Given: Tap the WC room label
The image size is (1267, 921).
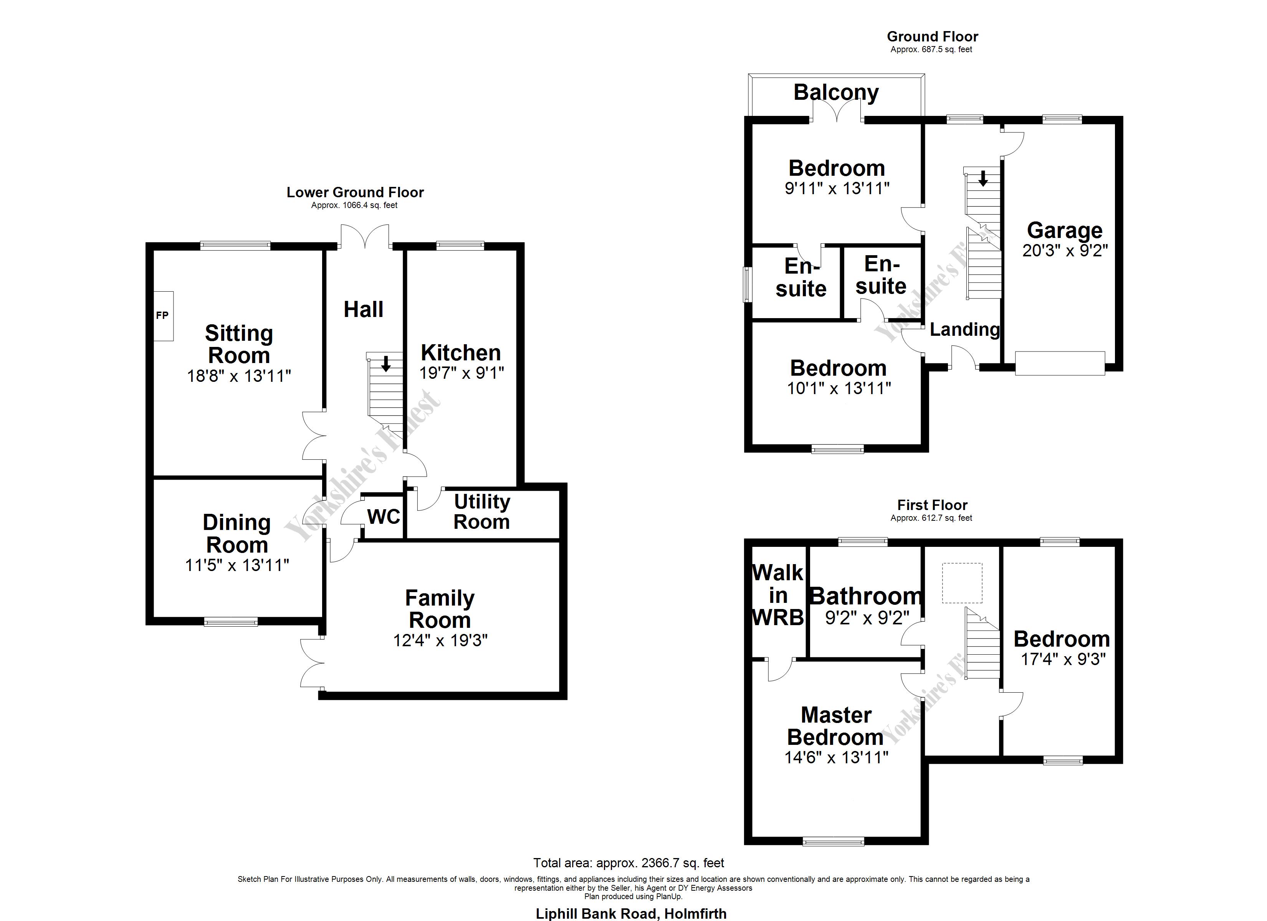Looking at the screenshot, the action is coord(384,517).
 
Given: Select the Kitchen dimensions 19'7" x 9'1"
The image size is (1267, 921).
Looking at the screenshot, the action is coord(461,373).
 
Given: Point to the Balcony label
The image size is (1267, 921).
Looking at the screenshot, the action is coord(836,92).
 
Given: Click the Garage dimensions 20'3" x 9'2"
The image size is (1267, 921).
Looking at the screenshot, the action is coord(1065,251).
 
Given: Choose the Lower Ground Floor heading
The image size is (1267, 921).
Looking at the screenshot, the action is coord(355,193).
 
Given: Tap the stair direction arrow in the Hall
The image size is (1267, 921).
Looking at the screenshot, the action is coord(385,364).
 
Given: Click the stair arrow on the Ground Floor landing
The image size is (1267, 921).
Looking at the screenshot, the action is coord(983,179).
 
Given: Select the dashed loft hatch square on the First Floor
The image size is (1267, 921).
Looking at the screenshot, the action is coord(962,583).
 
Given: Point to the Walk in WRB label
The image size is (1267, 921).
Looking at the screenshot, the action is coord(777,595).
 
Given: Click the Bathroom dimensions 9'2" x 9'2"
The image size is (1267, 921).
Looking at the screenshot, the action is coord(867,618).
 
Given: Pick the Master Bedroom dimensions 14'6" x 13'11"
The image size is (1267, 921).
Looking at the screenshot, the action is coord(836,758).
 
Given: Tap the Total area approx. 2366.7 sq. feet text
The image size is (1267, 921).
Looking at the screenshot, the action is coord(629,863).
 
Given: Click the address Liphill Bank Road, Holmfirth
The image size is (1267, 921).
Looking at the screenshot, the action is coord(631,914).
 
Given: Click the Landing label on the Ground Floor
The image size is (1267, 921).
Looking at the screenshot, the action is coord(964,330).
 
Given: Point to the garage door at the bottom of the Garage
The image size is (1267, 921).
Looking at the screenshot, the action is coord(1060,363).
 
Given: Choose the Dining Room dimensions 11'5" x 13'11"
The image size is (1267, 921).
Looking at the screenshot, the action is coord(237,565).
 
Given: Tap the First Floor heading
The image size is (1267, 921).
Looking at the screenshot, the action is coord(932,505).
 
